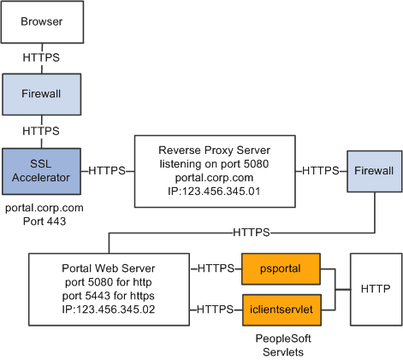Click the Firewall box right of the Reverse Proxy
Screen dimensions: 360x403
373,171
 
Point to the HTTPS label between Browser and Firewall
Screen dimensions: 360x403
42,59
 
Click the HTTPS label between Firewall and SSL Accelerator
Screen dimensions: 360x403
42,132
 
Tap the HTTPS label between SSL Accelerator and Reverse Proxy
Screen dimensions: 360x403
107,170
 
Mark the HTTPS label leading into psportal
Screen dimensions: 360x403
216,269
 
